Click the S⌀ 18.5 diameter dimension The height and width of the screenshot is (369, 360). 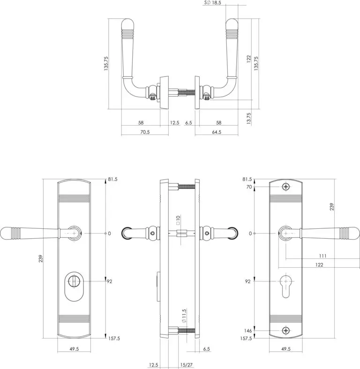pos(213,3)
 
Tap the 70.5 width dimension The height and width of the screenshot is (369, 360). pos(145,132)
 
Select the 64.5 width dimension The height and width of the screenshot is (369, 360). pos(217,132)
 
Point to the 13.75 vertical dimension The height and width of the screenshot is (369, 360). pos(249,118)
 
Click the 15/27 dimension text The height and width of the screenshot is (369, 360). pos(187,365)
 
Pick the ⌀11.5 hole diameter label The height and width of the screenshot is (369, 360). pos(184,316)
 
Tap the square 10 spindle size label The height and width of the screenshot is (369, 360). pos(178,220)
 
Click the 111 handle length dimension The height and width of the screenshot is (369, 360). pos(323,256)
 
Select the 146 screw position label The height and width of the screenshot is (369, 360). pos(248,331)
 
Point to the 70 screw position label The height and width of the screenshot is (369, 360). pos(249,187)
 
